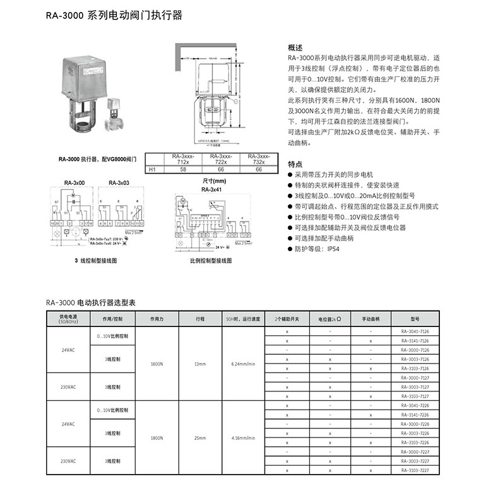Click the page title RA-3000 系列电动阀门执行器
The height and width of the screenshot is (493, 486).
114,15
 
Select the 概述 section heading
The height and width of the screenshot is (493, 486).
295,48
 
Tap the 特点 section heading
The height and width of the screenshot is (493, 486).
295,163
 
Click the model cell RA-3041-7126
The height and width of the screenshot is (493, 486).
415,331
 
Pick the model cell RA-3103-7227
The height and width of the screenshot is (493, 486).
415,470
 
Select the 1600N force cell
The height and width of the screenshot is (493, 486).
157,364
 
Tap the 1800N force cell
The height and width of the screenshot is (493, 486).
157,437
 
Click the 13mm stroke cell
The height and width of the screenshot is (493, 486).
200,364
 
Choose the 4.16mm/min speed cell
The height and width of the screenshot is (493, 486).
243,437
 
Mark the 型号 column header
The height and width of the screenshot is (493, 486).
415,319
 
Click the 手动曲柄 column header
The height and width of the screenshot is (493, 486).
371,319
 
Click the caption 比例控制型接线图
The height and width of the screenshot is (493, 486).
211,259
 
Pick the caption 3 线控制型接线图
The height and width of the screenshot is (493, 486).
97,259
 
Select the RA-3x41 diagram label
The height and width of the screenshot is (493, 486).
211,189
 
